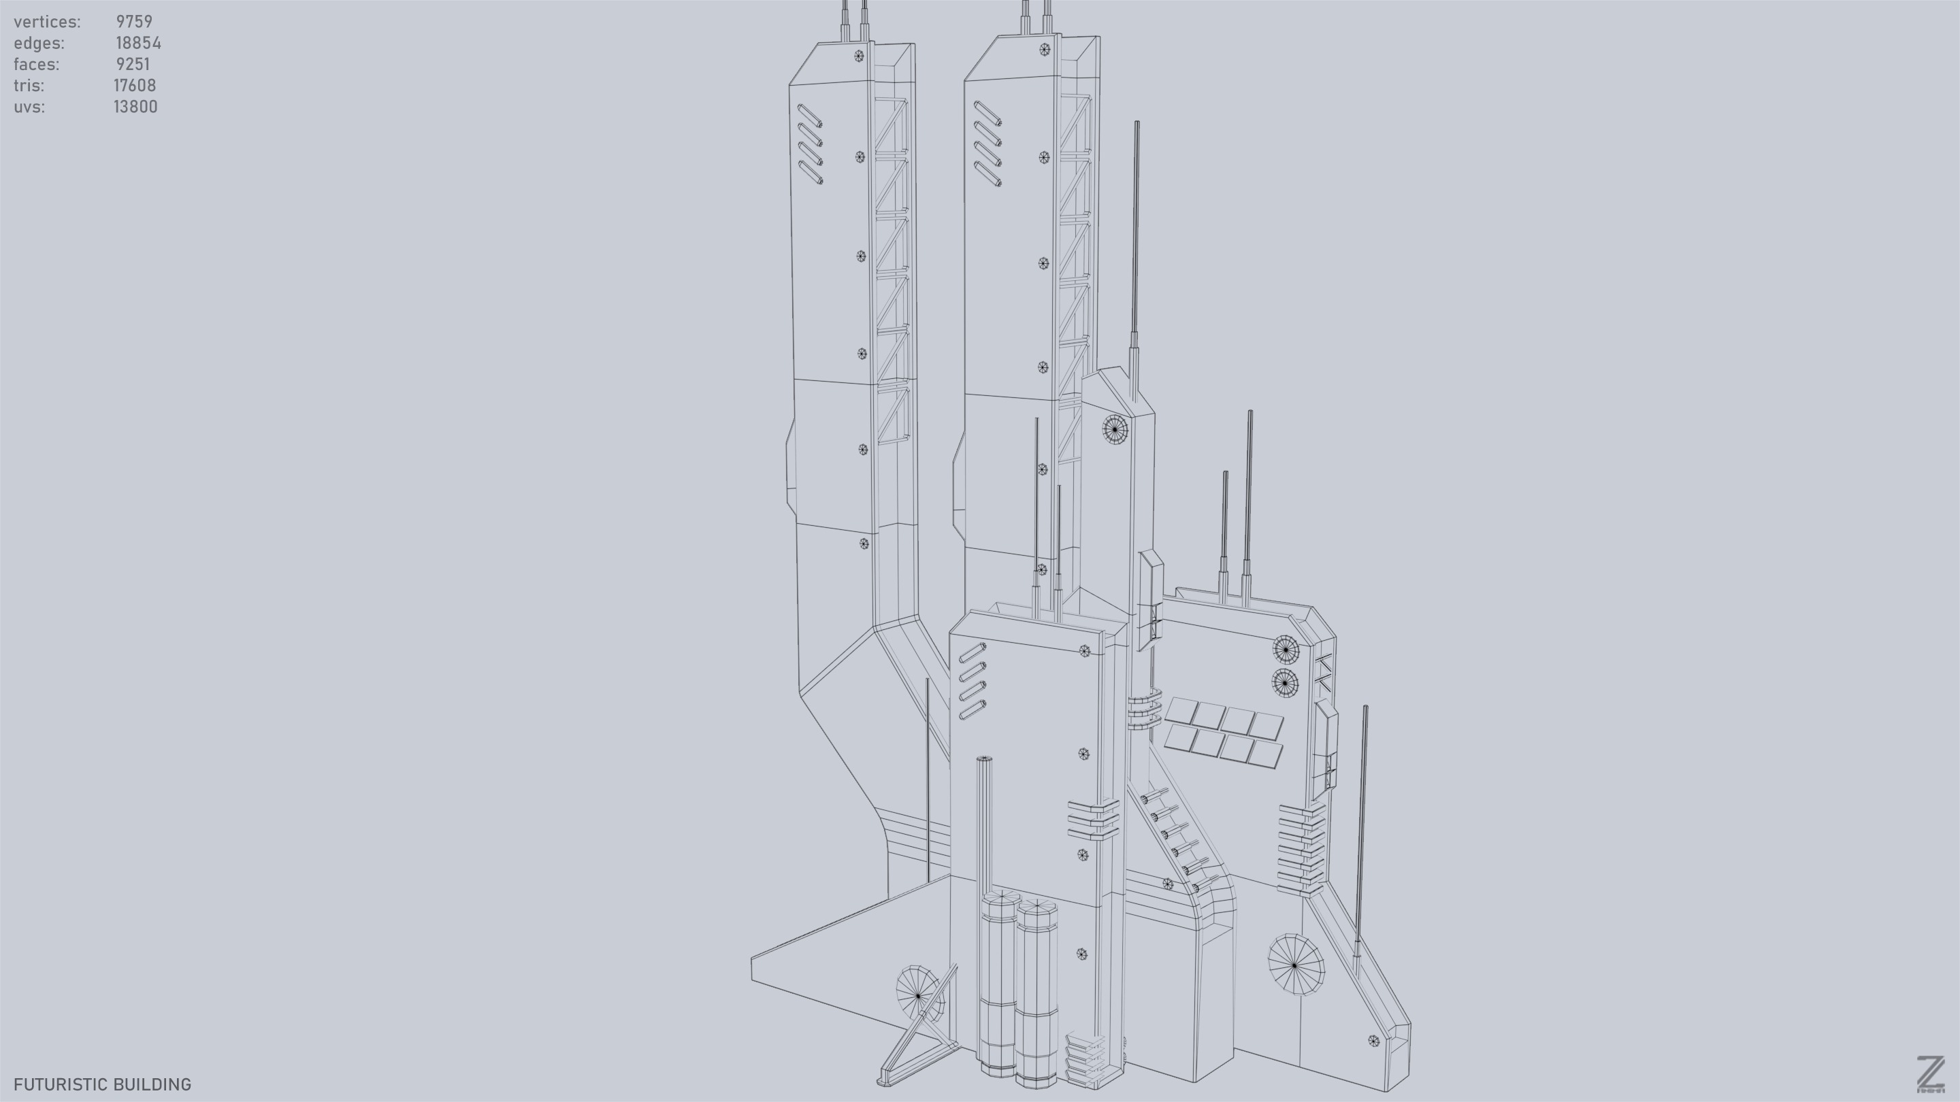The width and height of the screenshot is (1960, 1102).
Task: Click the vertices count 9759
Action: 134,22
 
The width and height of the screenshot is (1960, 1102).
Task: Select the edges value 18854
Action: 137,44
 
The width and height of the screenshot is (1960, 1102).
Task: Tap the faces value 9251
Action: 133,65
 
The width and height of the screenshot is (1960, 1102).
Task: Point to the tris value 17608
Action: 135,86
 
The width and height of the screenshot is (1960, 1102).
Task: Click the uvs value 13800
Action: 135,107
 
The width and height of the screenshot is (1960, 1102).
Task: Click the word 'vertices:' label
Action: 47,22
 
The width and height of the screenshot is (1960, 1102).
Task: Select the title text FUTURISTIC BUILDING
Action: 102,1084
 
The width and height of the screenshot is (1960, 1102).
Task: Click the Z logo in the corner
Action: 1929,1074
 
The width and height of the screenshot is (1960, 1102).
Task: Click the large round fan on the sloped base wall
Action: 1295,965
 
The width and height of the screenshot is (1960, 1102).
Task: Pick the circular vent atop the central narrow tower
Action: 1115,429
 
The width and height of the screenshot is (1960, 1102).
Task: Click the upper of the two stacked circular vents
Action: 1285,650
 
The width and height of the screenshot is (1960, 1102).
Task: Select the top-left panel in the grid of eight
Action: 1181,710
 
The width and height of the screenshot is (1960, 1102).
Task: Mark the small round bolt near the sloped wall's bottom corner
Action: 1373,1040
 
